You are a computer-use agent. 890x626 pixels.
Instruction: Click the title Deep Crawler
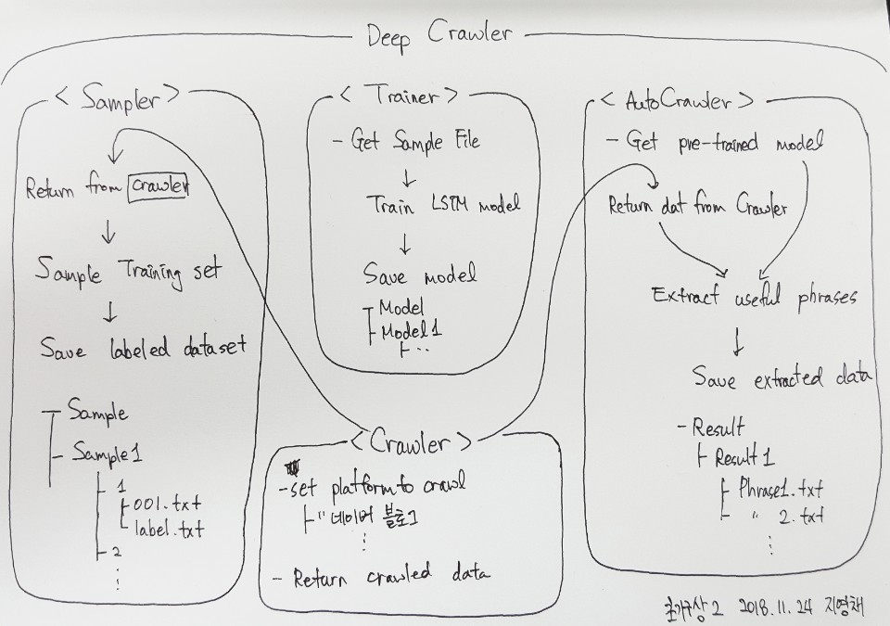point(439,34)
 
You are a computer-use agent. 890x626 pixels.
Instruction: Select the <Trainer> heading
point(397,96)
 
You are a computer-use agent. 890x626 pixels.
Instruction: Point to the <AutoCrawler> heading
point(677,100)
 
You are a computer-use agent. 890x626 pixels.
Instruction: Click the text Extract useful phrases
point(754,298)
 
